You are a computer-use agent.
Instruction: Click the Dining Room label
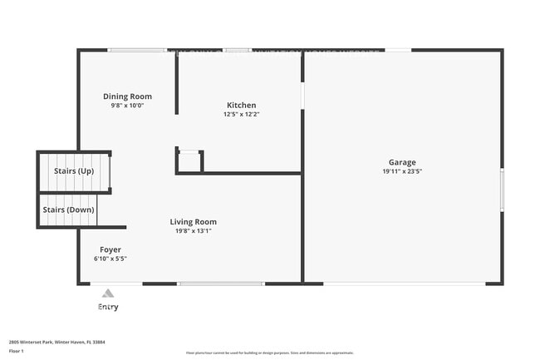coord(127,96)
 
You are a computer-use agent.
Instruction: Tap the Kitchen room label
coord(241,105)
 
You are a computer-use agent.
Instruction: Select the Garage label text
coord(402,162)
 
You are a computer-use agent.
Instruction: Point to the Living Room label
coord(193,221)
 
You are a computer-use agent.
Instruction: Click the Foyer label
coord(110,249)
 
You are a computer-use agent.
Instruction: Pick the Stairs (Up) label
coord(74,170)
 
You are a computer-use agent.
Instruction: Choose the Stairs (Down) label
coord(68,210)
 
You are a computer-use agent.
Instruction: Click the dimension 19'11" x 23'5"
coord(402,172)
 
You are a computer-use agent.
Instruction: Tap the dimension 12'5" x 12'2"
coord(241,115)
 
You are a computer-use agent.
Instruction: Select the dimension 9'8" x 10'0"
coord(127,106)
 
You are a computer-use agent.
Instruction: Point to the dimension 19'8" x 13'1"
coord(193,231)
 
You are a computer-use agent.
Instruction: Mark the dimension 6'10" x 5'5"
coord(110,259)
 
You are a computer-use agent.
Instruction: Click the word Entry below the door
coord(108,307)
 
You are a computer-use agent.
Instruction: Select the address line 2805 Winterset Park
coord(56,342)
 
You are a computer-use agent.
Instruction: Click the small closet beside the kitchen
coord(189,161)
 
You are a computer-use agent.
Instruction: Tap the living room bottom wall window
coord(221,284)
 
